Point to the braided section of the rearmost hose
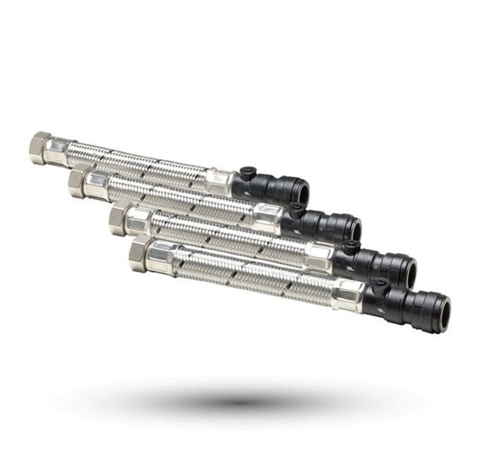tap(135, 162)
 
